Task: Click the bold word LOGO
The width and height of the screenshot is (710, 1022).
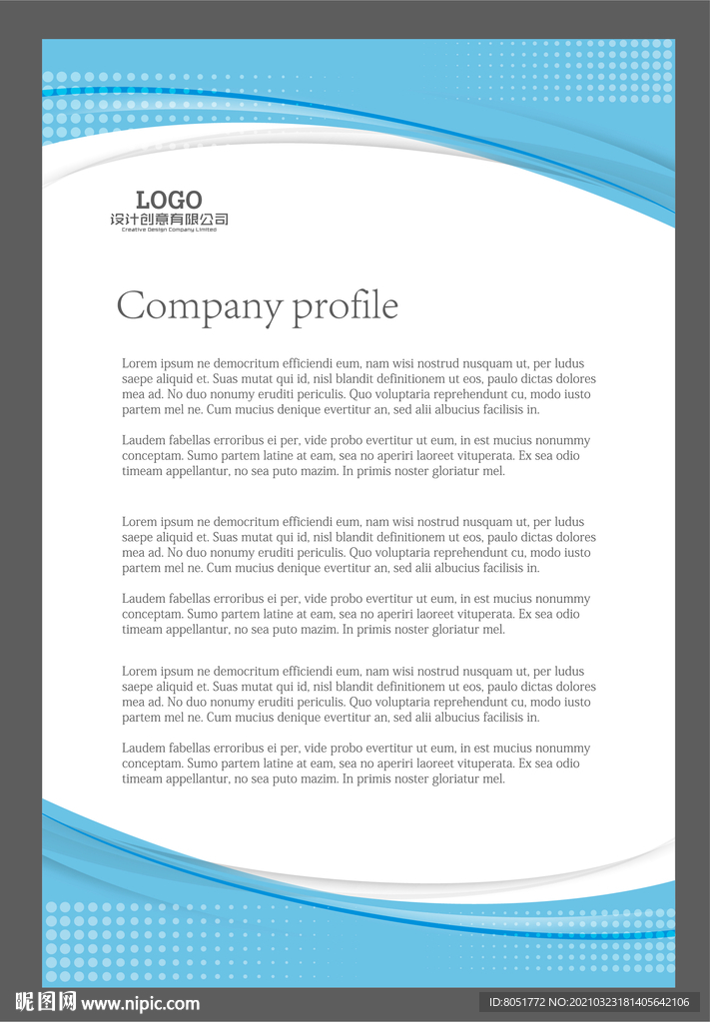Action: pos(169,200)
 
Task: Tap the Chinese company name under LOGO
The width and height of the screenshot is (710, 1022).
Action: pos(169,220)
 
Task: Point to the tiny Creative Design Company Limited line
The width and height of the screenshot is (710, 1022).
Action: pos(169,230)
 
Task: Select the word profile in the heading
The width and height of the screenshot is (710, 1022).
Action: pos(346,305)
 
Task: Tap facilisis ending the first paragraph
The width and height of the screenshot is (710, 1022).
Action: pos(503,409)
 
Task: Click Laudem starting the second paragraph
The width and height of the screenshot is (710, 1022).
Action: pos(144,440)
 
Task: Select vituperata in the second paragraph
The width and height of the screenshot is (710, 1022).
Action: pos(477,456)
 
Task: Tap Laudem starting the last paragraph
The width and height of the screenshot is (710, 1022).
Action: pos(144,749)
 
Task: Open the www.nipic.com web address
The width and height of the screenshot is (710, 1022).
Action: pos(141,1004)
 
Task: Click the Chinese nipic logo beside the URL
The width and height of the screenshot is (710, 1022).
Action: pos(46,1002)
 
